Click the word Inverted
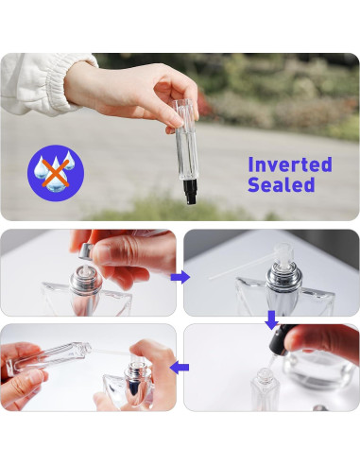[x=289, y=164]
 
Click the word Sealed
[x=281, y=185]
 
